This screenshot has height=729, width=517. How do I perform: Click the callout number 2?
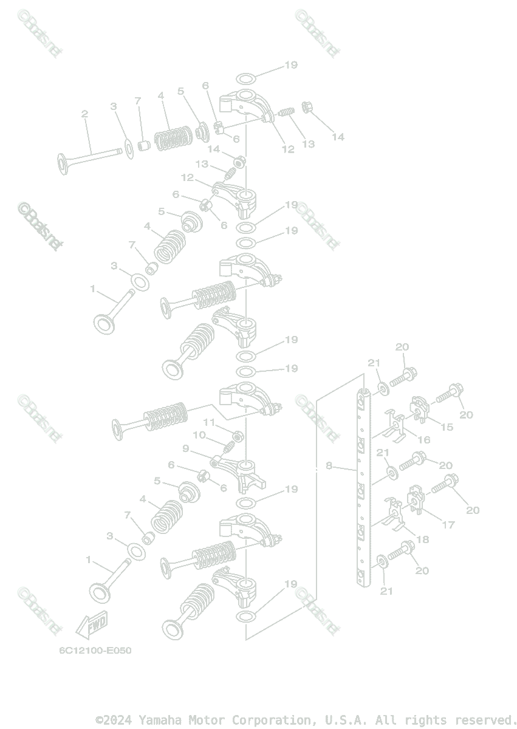click(x=84, y=114)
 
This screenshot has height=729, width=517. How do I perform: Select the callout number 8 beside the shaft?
click(x=329, y=466)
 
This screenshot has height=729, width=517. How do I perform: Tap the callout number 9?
click(x=186, y=448)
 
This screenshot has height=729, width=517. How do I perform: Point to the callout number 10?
click(x=199, y=435)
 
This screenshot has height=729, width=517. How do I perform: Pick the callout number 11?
click(x=209, y=422)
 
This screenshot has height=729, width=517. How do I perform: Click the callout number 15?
click(x=447, y=427)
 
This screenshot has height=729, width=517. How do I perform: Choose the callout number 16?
click(x=423, y=439)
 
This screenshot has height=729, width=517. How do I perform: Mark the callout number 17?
click(x=448, y=525)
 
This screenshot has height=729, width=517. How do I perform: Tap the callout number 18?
click(x=423, y=538)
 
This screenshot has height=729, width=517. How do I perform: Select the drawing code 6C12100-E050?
click(x=95, y=651)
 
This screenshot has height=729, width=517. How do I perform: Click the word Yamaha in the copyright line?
click(x=159, y=720)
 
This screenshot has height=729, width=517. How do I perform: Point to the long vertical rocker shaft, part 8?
click(x=363, y=486)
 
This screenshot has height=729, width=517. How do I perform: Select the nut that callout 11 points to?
click(x=239, y=436)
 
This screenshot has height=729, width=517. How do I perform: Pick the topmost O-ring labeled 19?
click(x=245, y=79)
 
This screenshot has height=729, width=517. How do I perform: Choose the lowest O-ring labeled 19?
click(x=245, y=618)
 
